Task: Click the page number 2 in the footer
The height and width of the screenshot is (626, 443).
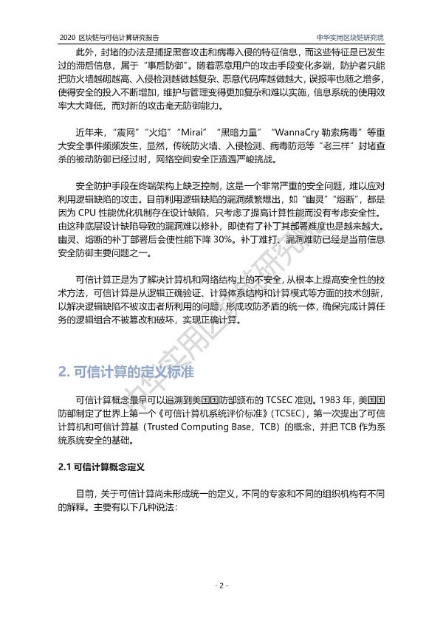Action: click(221, 585)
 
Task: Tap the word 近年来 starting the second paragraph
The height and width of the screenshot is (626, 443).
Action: click(89, 131)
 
